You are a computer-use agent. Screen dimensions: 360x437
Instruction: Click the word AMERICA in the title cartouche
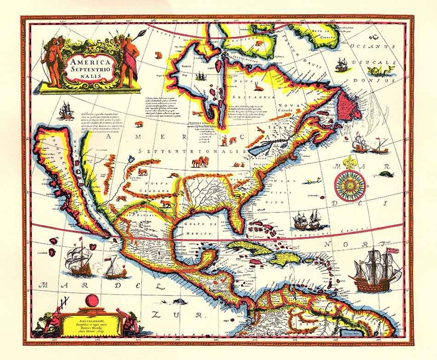(x=87, y=62)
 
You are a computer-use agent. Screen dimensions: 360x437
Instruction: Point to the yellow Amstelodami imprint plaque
(x=93, y=320)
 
